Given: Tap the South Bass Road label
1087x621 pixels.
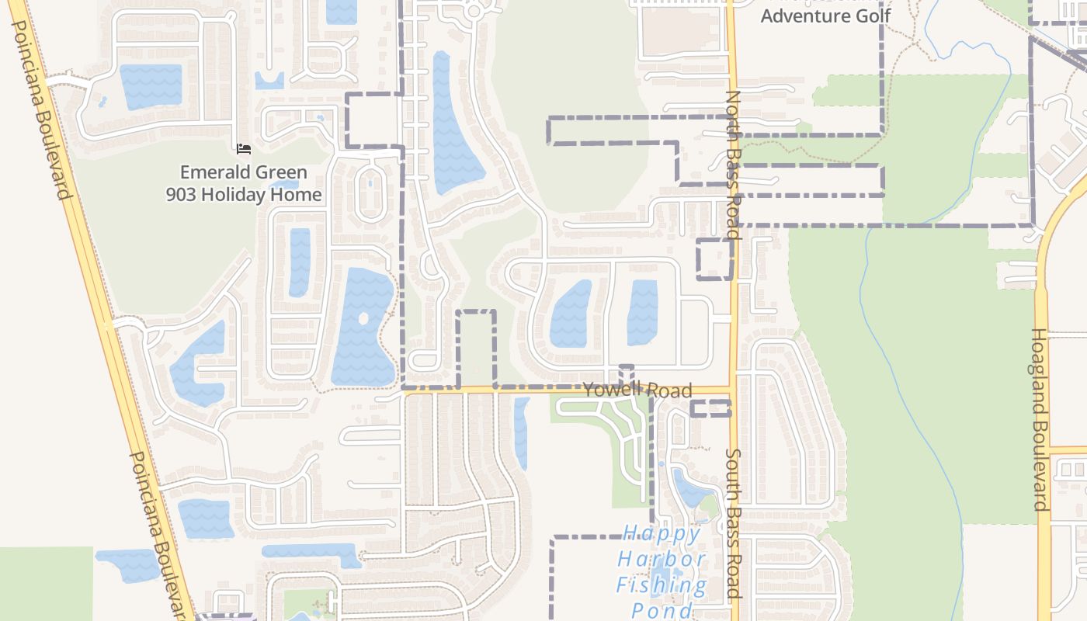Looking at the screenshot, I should click(733, 524).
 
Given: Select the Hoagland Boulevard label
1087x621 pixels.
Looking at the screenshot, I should click(1040, 419).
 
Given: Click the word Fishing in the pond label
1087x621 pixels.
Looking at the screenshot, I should click(662, 585).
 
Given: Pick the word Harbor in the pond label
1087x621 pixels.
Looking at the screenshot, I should click(662, 559).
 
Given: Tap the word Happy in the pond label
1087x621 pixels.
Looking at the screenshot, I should click(662, 533).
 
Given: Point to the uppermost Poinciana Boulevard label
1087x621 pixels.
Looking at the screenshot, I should click(43, 109).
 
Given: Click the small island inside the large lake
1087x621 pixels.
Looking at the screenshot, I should click(363, 318).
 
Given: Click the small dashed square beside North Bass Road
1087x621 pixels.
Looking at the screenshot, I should click(714, 259).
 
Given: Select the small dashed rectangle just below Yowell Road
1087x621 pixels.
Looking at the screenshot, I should click(710, 408).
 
